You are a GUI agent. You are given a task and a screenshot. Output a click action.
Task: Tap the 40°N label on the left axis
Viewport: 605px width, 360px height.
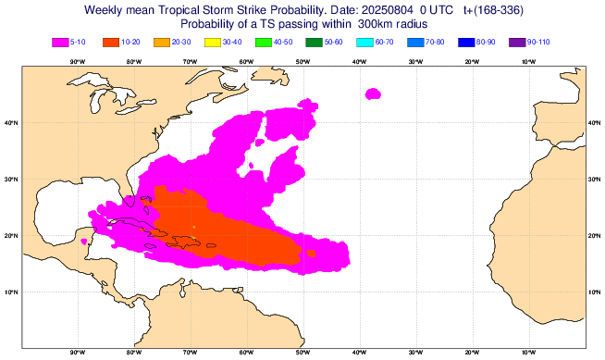pos(11,123)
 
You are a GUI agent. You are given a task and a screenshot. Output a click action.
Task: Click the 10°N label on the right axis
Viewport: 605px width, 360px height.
pos(595,292)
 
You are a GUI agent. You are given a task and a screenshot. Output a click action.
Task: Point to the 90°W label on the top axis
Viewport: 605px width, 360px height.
pos(77,62)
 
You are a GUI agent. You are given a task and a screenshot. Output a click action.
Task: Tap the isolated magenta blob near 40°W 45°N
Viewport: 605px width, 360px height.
pos(374,93)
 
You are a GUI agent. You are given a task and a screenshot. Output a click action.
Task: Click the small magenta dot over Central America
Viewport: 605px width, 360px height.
pos(84,242)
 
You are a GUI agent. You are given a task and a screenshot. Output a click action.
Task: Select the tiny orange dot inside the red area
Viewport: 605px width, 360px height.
pos(193,226)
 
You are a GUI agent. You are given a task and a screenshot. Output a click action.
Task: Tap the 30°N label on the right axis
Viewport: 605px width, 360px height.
pos(595,180)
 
